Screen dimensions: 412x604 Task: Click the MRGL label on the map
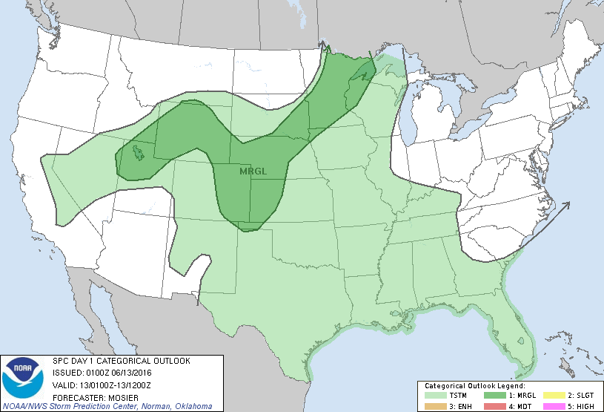pos(253,171)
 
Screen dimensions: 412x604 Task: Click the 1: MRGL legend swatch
pos(492,395)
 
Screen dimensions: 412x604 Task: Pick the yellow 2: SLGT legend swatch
pos(550,395)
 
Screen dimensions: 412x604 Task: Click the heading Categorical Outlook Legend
pos(474,386)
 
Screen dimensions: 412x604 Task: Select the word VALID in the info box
pos(64,384)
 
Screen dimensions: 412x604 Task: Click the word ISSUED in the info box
pos(67,372)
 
